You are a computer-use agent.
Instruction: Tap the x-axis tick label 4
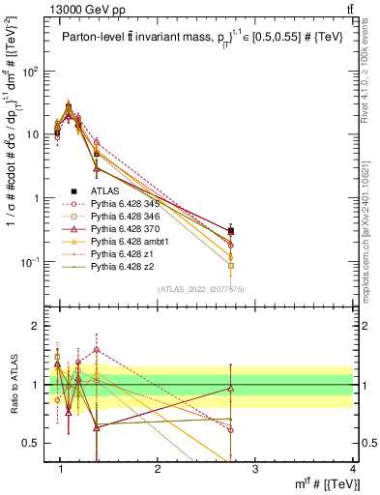[353, 470]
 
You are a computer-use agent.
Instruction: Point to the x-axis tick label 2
[158, 470]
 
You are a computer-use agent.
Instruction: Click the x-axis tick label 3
[255, 470]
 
